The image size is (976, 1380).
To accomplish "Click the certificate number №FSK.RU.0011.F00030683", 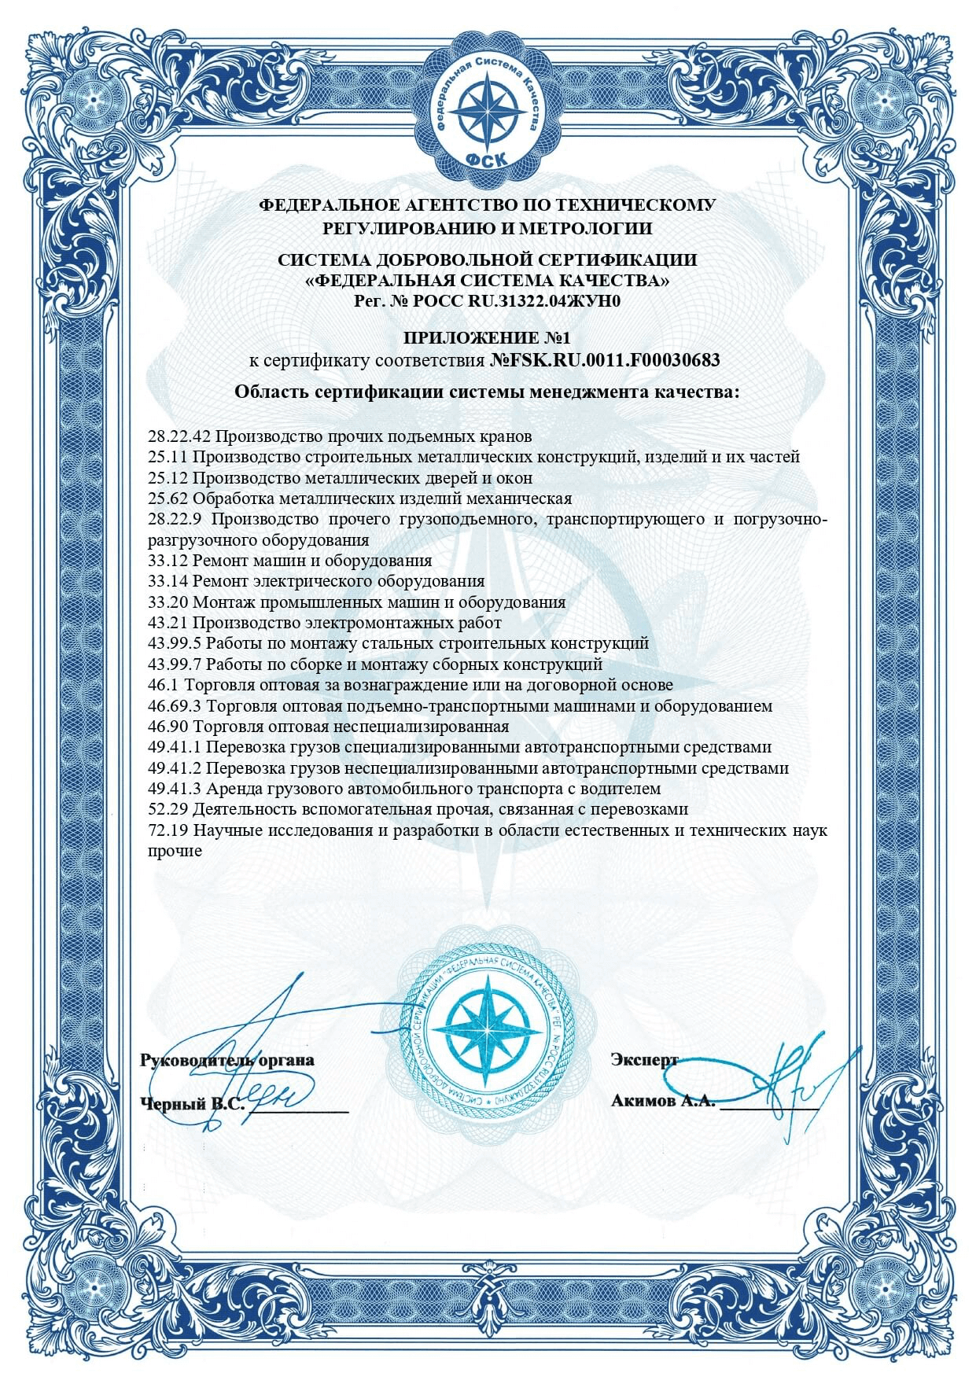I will click(605, 361).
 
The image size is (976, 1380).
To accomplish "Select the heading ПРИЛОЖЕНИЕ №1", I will click(487, 338).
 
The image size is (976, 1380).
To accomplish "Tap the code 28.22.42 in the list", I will click(179, 436).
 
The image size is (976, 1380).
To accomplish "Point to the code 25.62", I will click(168, 498).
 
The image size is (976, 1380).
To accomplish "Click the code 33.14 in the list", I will click(168, 581).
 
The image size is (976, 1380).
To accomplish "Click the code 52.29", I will click(168, 808).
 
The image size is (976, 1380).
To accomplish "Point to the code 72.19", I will click(168, 830).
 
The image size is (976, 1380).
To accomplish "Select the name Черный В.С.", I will click(192, 1103).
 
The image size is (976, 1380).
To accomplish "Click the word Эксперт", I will click(643, 1059).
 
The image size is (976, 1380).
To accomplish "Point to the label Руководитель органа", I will click(227, 1059).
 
